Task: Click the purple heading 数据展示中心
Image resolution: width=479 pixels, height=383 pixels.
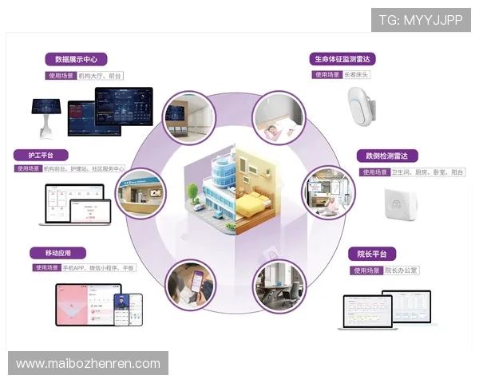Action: (x=76, y=59)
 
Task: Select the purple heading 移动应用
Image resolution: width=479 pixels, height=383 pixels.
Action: (x=58, y=253)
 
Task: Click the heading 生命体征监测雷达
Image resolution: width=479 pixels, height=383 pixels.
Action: (x=343, y=59)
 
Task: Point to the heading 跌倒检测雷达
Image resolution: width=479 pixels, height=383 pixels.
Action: (x=387, y=156)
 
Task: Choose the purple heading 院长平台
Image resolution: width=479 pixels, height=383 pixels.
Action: (x=372, y=255)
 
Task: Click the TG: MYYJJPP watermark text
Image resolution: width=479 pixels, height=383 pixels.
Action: (x=421, y=20)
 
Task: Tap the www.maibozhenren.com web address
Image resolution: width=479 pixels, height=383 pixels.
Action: (x=89, y=364)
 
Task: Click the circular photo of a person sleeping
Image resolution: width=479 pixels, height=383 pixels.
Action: (x=279, y=118)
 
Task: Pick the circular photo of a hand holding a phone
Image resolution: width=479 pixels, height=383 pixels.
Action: (x=192, y=285)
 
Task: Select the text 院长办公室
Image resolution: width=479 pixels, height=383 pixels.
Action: (x=402, y=270)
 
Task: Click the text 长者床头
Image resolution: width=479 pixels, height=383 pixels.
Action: (x=356, y=75)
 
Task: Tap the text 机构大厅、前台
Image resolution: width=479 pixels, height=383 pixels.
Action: (x=101, y=76)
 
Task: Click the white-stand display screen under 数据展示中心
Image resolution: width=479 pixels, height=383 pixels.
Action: (x=46, y=112)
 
